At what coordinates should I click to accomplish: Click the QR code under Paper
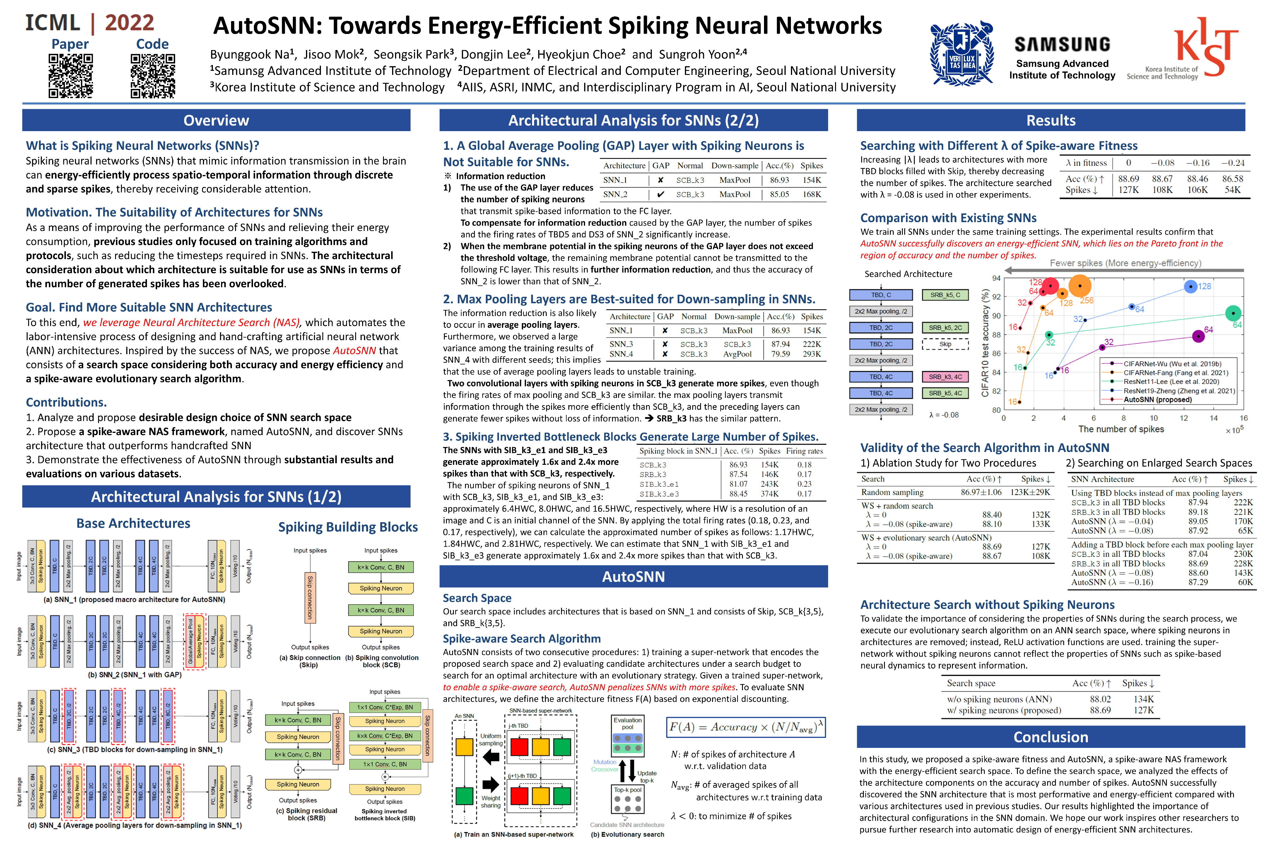pos(71,76)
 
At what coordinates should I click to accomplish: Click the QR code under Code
pos(153,76)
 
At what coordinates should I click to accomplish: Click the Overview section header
pos(216,120)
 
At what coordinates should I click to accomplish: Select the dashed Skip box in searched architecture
pos(945,344)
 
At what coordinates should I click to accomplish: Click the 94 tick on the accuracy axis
pos(996,278)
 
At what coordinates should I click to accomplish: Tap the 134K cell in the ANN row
pos(1143,699)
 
